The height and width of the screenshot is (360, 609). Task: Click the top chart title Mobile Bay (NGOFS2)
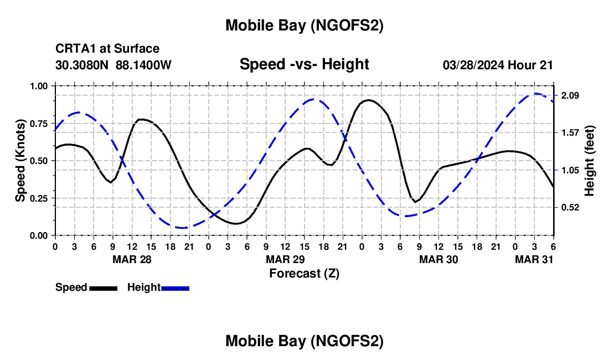(304, 25)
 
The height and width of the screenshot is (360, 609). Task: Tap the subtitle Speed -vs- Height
(304, 64)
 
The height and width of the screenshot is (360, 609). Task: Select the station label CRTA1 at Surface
(107, 49)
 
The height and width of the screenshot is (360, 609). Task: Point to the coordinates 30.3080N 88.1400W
(113, 65)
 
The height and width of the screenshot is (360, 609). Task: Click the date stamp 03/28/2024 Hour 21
(498, 65)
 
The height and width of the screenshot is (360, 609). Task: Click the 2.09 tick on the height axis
(570, 95)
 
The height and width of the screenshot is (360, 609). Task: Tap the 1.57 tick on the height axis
(570, 132)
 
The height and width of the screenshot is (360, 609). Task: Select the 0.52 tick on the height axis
(570, 207)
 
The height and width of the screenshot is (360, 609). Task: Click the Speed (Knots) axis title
(20, 161)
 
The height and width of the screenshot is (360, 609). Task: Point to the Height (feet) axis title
(590, 161)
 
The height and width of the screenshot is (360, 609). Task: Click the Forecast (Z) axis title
(304, 273)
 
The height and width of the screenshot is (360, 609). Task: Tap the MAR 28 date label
(131, 259)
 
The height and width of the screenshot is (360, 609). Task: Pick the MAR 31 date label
(534, 259)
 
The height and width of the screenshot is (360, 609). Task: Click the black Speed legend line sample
(103, 288)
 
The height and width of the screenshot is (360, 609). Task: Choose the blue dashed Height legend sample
(176, 288)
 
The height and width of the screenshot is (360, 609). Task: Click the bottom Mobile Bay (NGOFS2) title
(304, 341)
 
